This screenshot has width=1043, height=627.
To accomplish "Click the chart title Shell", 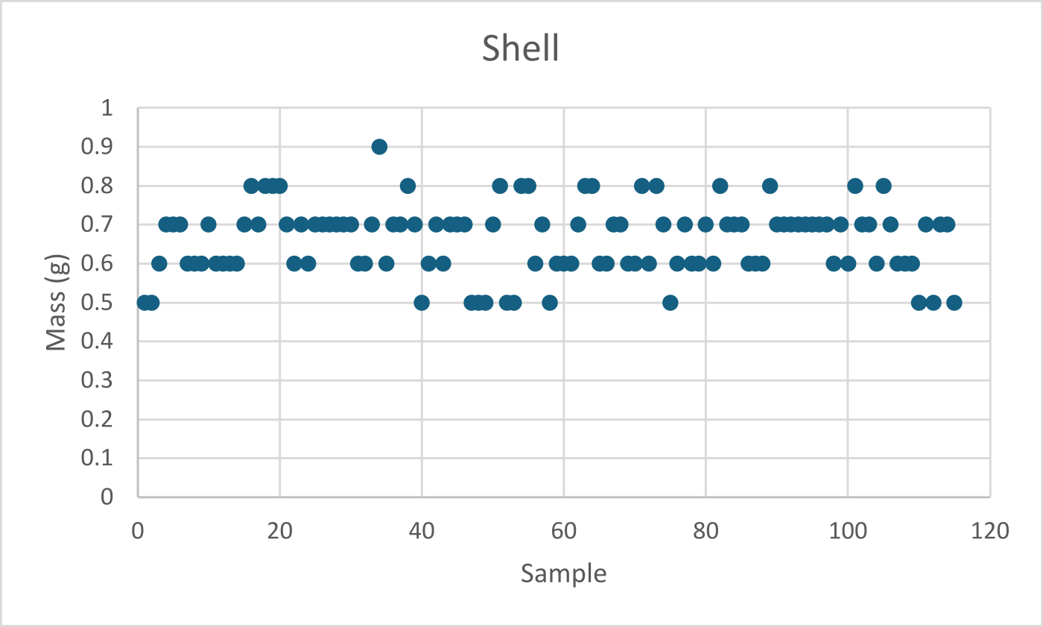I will tap(520, 49).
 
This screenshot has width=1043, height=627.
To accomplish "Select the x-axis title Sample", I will tap(563, 573).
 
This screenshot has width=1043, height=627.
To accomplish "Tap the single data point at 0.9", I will tap(379, 147).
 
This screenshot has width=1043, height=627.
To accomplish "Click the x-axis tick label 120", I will tap(989, 532).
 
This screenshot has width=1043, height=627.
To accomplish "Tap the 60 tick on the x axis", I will tap(564, 532).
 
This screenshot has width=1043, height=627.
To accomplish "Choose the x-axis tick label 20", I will tap(280, 532).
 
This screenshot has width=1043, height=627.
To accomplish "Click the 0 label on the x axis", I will tap(138, 532).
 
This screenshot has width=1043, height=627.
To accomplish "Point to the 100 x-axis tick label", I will tap(847, 532).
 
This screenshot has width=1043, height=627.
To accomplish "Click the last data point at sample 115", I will tap(954, 302).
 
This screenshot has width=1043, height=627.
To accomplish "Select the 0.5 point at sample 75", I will tap(670, 302).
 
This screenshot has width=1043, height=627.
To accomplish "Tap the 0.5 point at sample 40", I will tap(422, 302).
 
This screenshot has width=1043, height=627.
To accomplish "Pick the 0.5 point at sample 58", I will tap(550, 302).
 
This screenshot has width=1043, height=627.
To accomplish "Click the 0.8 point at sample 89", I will tap(770, 186).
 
